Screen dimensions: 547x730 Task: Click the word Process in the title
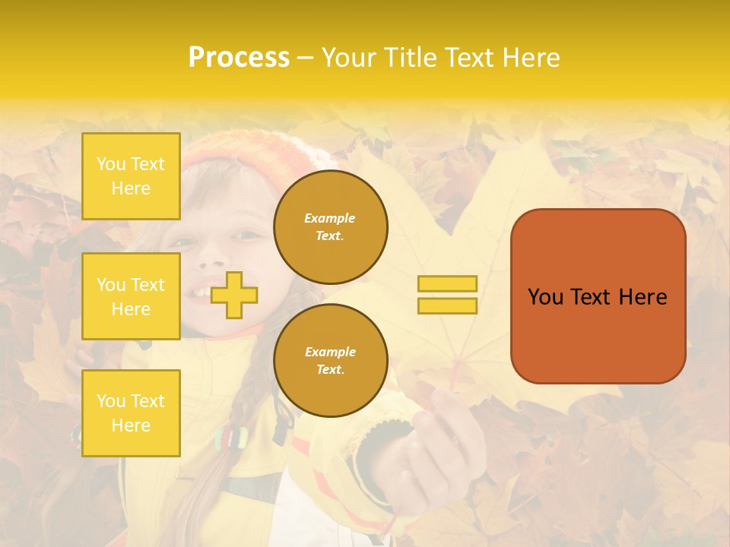tap(239, 58)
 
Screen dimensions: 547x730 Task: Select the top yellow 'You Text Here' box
tap(131, 176)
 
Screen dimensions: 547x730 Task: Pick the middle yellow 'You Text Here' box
tap(131, 296)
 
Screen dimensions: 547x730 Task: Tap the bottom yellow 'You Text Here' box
tap(131, 413)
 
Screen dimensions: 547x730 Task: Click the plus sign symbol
tap(234, 295)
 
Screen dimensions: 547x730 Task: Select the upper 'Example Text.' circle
tap(330, 226)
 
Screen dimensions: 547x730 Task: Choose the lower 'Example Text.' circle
tap(330, 360)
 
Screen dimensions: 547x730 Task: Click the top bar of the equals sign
tap(447, 283)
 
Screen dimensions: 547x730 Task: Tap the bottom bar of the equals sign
tap(447, 305)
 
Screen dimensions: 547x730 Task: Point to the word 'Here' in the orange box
tap(643, 297)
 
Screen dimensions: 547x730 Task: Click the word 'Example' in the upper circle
tap(330, 218)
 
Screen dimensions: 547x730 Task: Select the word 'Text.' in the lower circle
tap(330, 369)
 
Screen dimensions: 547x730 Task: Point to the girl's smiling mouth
tap(202, 292)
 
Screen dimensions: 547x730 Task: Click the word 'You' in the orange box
tap(544, 297)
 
